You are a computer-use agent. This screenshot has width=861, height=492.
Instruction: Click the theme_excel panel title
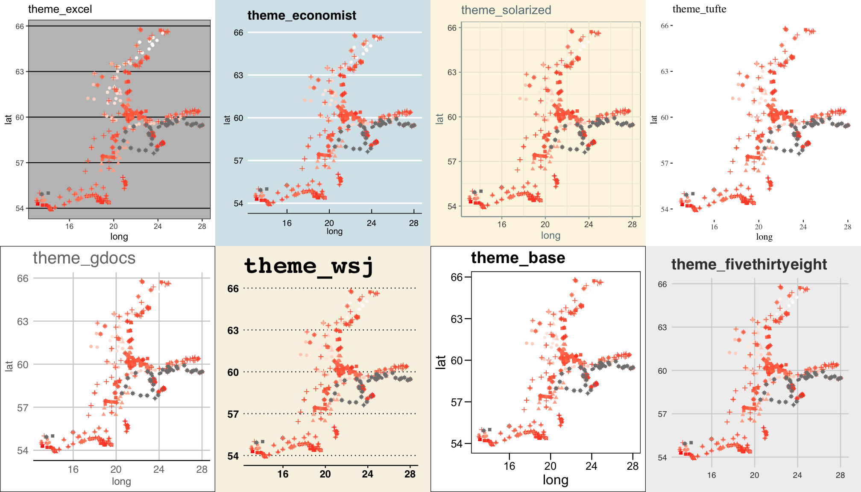click(x=60, y=9)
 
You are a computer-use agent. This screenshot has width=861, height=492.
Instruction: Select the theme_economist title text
click(x=302, y=16)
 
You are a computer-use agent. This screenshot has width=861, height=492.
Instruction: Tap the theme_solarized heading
click(x=506, y=10)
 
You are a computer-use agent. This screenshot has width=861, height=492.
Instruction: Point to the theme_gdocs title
click(x=84, y=258)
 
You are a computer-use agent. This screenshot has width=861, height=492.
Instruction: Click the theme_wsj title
click(x=309, y=266)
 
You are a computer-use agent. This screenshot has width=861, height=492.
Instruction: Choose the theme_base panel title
click(x=518, y=258)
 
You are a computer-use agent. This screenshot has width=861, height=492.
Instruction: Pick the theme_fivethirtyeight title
click(x=749, y=265)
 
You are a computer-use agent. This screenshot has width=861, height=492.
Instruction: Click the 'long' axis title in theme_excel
click(x=119, y=237)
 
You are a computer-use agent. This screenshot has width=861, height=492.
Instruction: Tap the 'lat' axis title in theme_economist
click(x=227, y=120)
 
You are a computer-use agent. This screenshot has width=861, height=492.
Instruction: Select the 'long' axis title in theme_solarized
click(x=551, y=235)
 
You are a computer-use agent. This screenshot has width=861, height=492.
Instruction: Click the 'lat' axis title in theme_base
click(x=441, y=362)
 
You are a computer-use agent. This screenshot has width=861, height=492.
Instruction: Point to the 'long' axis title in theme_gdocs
click(x=121, y=481)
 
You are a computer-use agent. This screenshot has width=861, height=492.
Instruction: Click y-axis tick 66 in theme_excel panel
click(x=20, y=26)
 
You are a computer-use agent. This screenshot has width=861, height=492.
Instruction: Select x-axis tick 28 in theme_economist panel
click(x=413, y=223)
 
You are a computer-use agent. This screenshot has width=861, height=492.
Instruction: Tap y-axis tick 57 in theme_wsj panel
click(x=233, y=414)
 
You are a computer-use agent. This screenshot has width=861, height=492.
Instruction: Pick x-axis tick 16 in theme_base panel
click(x=509, y=466)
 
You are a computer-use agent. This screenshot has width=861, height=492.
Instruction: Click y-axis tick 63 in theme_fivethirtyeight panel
click(x=662, y=328)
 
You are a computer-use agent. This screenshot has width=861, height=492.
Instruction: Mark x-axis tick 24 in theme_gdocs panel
click(x=159, y=469)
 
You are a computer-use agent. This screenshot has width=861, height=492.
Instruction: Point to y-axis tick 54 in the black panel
click(x=665, y=209)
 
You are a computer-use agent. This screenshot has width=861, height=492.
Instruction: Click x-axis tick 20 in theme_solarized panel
click(x=545, y=224)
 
